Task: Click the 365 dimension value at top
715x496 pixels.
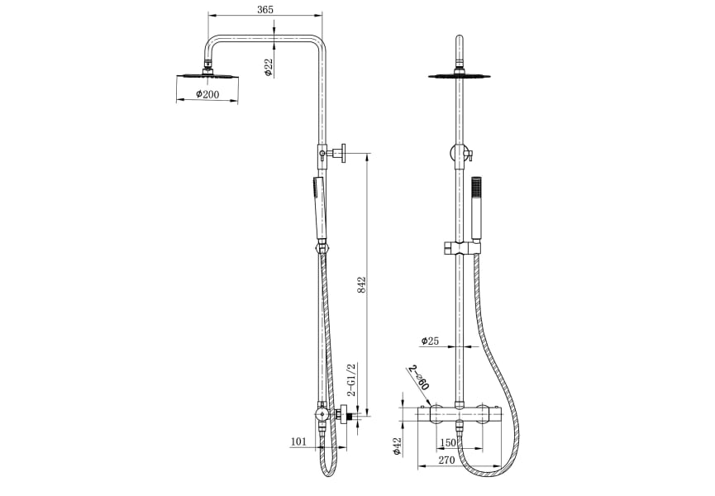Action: (265, 9)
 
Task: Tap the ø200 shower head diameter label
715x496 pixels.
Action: (207, 95)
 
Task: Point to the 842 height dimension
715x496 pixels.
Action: (361, 285)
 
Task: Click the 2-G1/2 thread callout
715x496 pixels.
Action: (352, 380)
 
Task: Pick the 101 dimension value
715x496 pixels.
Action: (299, 441)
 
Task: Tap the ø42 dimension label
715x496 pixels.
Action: (398, 446)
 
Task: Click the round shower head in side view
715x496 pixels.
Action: (207, 76)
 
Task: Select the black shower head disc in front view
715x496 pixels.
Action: (459, 77)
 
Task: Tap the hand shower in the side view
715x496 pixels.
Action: (318, 207)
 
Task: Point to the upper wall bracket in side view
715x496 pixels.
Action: (335, 153)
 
